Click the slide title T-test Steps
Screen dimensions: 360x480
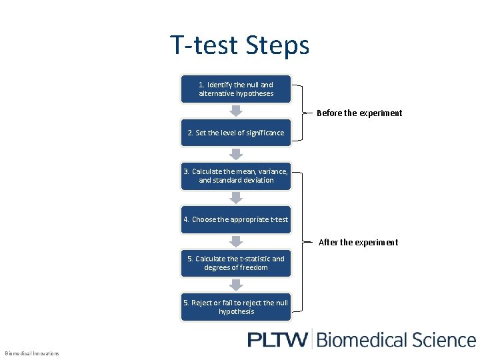point(239,45)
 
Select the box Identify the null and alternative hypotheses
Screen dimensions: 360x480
point(236,89)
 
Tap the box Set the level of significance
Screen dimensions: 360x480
point(236,133)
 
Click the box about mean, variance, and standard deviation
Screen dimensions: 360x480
point(236,175)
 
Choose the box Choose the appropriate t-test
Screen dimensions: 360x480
point(236,219)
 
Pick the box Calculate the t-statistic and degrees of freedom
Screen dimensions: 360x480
point(236,263)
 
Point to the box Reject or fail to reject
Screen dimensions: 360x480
point(236,307)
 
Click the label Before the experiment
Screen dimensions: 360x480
point(359,113)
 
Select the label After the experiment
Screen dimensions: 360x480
point(358,242)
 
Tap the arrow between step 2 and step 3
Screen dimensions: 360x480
point(236,154)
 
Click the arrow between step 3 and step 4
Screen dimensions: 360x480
point(236,197)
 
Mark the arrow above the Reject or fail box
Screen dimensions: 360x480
point(236,285)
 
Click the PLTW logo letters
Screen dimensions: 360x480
point(277,339)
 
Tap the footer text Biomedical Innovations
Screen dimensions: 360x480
point(32,353)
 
